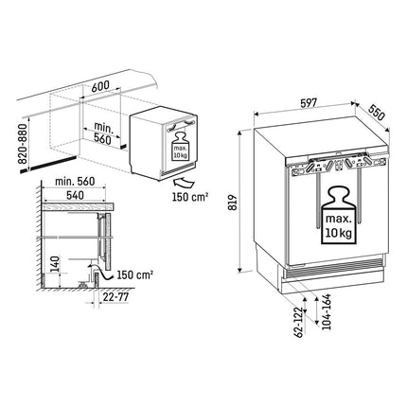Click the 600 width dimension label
coord(100,86)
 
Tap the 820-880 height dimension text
coord(24,144)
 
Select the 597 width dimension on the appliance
coord(308,103)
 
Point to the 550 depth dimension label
coord(377,113)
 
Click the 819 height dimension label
coord(232,203)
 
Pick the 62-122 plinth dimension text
coord(298,322)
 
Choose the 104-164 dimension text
coord(327,311)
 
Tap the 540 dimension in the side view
coord(75,195)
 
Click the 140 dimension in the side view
coord(55,264)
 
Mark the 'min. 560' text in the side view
coord(75,182)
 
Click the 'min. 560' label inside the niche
coord(102,133)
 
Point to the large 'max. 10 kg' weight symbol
coord(338,216)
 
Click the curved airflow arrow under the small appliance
coord(184,184)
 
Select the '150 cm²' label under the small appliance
coord(190,197)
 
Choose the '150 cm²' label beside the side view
coord(135,274)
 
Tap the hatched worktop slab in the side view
coord(78,207)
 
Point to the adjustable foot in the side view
coord(83,284)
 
